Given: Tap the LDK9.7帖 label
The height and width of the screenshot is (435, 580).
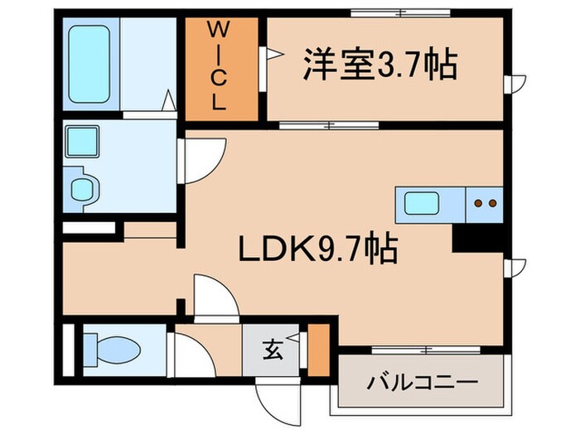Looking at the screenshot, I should click(x=318, y=248).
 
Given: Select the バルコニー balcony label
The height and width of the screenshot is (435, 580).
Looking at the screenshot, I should click(x=423, y=384).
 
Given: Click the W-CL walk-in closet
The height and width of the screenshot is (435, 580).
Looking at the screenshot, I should click(x=219, y=68).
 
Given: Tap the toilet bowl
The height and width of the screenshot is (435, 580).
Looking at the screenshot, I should click(x=108, y=343).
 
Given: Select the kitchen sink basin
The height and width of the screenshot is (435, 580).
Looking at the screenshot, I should click(x=423, y=201).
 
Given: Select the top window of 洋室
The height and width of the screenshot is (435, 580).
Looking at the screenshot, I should click(x=400, y=12).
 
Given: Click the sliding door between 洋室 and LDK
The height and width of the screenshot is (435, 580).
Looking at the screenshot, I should click(x=329, y=126).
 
